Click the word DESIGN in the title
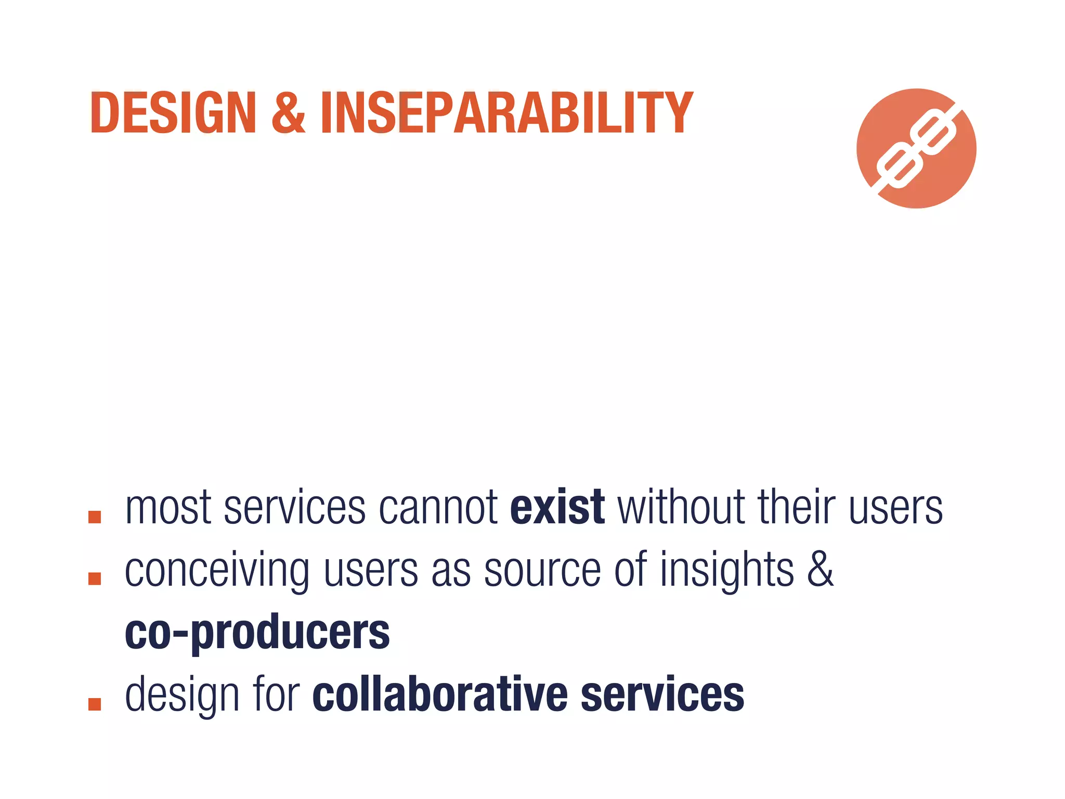(173, 113)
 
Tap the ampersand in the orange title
(289, 113)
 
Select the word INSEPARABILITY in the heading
(506, 113)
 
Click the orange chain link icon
(916, 149)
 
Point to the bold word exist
(557, 508)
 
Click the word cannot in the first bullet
(438, 508)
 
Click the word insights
(727, 571)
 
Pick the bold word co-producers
(257, 633)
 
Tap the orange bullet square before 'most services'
(95, 517)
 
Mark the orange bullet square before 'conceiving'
(95, 578)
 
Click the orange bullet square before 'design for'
(95, 704)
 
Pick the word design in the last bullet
(182, 696)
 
